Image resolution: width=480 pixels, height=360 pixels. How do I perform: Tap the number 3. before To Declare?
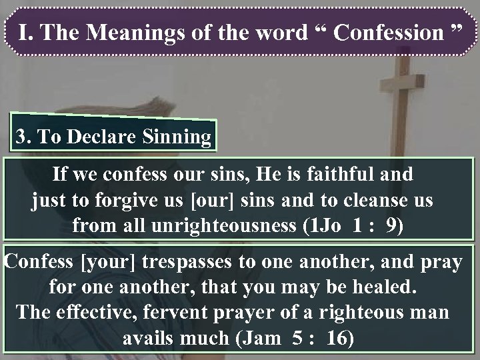[25, 138]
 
